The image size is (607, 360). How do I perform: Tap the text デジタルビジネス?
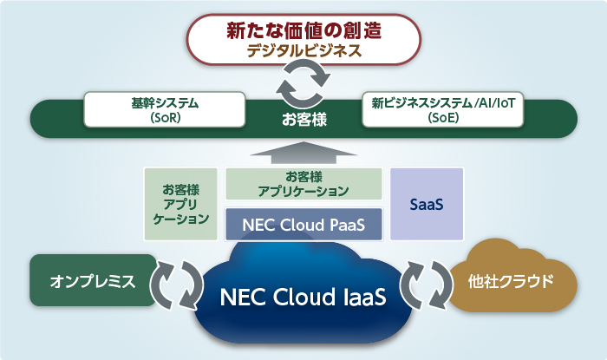(x=304, y=51)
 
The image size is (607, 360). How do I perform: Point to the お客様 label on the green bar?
(x=304, y=119)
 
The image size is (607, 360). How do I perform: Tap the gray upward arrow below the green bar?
(x=303, y=154)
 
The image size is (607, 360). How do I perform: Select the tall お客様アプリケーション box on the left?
(x=180, y=204)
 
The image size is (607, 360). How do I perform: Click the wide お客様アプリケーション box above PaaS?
(x=303, y=183)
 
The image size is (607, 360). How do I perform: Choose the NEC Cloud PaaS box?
(x=303, y=224)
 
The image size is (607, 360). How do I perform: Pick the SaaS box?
(x=427, y=204)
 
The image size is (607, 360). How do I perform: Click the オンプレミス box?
(x=93, y=281)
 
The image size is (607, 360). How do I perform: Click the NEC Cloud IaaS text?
(x=303, y=295)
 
